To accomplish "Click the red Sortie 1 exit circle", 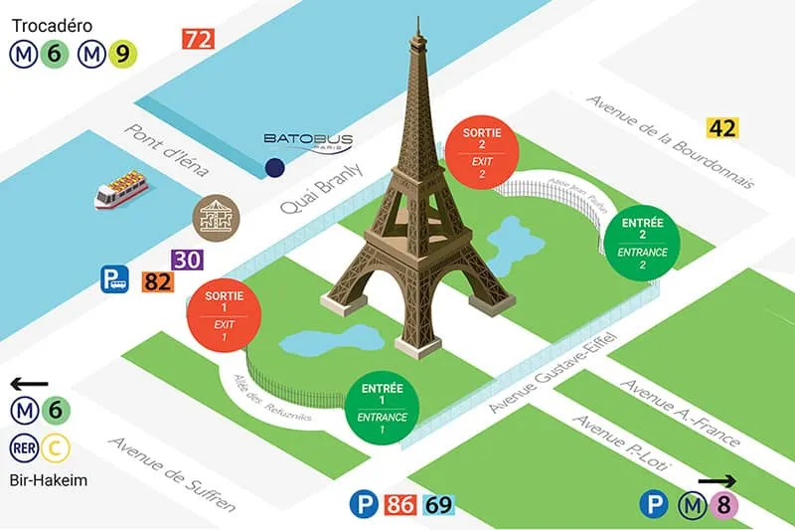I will [x=224, y=316].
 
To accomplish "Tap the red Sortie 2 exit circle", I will [x=482, y=152].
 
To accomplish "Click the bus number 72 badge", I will [x=199, y=40].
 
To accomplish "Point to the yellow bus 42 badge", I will [x=721, y=127].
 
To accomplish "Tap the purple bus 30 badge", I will [x=187, y=260].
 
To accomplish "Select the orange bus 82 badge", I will [x=157, y=281].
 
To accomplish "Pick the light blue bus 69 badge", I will [x=438, y=505].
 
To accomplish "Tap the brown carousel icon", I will [x=214, y=217].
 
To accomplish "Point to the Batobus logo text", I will [x=302, y=139].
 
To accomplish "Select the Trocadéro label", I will [x=56, y=18].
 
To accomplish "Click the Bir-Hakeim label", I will [x=48, y=481].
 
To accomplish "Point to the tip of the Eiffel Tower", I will [x=418, y=19].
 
